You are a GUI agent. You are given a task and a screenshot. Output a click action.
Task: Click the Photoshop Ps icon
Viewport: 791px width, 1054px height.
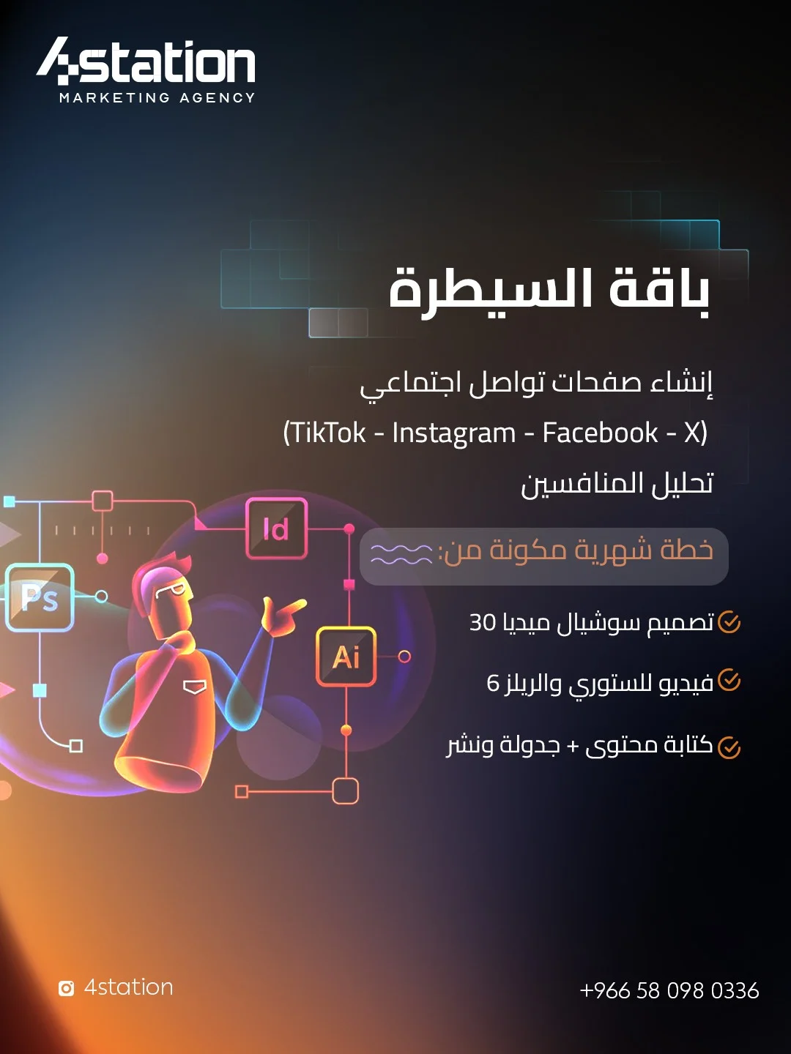[40, 597]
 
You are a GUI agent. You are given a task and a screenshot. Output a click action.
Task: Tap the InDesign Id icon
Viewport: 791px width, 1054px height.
[276, 528]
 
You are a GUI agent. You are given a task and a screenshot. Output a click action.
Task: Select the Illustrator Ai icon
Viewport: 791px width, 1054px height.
[346, 657]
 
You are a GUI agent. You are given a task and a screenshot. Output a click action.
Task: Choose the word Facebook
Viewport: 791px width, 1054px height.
[601, 433]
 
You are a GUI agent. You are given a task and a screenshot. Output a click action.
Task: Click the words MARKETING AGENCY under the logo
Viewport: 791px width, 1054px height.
[157, 98]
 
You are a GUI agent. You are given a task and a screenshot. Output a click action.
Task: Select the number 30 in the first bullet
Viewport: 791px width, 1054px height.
[482, 622]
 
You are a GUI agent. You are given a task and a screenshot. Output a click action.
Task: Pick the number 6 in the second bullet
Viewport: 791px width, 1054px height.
[493, 683]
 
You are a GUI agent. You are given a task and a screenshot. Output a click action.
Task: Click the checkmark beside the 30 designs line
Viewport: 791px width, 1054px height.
[729, 622]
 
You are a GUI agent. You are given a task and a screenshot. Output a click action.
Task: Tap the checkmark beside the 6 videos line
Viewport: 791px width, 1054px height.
[729, 681]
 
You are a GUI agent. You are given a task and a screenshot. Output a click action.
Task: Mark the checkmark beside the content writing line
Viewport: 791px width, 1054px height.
[729, 747]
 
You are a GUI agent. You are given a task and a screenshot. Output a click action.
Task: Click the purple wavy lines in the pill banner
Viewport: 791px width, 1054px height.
[401, 553]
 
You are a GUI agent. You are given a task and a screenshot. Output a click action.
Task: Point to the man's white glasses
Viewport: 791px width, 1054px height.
[171, 591]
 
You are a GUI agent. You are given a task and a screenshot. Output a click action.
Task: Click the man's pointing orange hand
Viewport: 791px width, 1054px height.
[283, 615]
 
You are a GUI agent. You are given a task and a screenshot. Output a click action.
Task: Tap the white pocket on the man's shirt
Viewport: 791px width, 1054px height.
[195, 687]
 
